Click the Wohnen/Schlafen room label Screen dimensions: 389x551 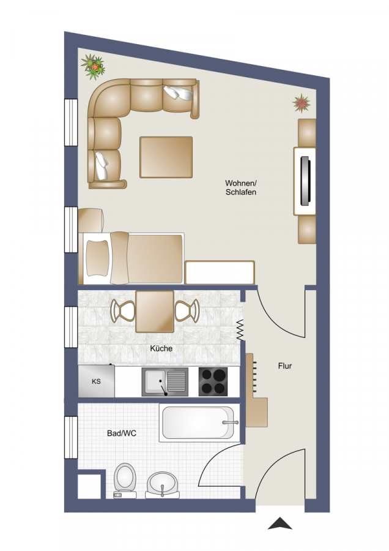click(x=241, y=188)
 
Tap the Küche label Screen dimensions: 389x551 click(x=161, y=348)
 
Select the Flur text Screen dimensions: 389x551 click(x=285, y=366)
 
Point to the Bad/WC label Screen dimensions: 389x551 click(x=122, y=433)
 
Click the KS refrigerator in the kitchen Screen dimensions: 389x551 click(x=96, y=381)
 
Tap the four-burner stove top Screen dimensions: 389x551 click(x=213, y=381)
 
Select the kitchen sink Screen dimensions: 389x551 click(x=165, y=381)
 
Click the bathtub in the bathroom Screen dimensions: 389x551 click(x=199, y=422)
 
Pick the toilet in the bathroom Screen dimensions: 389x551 click(x=125, y=481)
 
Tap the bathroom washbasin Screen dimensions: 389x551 click(x=162, y=485)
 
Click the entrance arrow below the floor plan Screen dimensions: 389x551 click(x=280, y=523)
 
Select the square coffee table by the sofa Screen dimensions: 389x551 click(x=166, y=157)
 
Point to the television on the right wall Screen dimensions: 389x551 click(x=305, y=181)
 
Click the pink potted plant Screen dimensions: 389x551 click(x=301, y=103)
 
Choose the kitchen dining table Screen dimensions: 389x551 click(x=155, y=312)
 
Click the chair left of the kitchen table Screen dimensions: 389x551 click(x=122, y=310)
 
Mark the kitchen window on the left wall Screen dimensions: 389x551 click(x=71, y=327)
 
